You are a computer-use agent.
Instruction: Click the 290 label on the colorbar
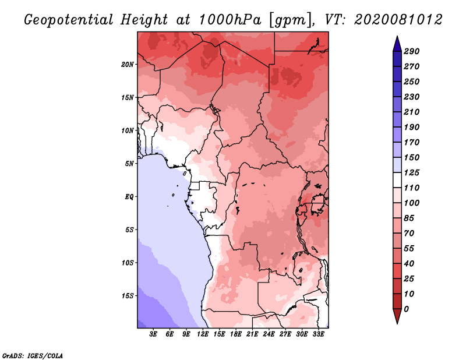[x=412, y=51]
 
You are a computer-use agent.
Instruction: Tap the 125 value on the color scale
[x=412, y=172]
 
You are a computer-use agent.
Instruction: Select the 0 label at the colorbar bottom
[x=406, y=309]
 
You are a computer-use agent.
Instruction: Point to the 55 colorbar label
[x=409, y=248]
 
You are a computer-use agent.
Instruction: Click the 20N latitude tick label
[x=128, y=64]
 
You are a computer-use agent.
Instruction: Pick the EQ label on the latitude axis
[x=129, y=196]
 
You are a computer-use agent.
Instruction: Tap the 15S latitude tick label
[x=128, y=295]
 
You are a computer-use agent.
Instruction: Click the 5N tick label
[x=129, y=163]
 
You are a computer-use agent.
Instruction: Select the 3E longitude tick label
[x=154, y=334]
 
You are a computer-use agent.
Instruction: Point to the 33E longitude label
[x=318, y=334]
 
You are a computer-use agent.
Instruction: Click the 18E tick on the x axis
[x=236, y=334]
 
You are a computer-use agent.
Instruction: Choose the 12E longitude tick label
[x=203, y=334]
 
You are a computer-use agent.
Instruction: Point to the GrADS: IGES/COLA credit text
[x=33, y=355]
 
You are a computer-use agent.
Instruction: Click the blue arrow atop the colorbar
[x=396, y=43]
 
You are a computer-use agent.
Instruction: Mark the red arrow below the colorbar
[x=396, y=316]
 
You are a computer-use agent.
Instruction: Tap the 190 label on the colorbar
[x=412, y=127]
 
